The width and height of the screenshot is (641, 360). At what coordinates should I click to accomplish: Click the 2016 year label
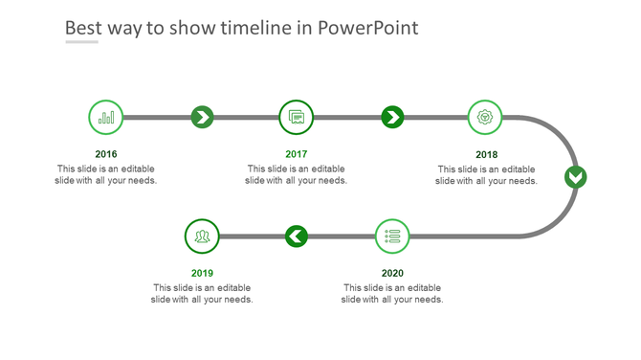106,154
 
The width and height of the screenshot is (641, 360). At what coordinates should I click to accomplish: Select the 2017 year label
297,154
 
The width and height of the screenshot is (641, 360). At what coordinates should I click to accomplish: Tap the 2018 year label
487,154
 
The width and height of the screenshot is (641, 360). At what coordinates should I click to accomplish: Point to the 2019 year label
202,273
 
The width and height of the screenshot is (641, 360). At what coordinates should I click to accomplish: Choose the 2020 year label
392,273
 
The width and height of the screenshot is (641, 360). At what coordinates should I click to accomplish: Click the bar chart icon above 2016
106,118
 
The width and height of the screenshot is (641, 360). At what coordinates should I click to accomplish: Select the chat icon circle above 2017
297,118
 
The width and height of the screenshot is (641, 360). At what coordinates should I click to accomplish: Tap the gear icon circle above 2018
486,118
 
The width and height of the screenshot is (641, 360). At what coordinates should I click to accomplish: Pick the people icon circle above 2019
202,236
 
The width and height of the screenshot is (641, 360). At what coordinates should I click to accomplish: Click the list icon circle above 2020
391,236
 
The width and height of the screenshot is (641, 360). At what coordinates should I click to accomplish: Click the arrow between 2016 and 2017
202,118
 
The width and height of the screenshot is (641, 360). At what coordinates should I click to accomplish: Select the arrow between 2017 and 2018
392,118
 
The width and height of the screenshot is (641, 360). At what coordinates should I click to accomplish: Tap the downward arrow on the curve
574,177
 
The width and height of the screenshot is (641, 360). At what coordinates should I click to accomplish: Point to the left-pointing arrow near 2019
297,236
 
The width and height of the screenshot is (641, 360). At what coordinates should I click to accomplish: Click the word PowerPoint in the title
370,28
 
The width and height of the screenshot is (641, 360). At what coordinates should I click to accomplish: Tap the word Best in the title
84,28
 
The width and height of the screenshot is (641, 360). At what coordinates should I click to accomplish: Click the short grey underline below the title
81,43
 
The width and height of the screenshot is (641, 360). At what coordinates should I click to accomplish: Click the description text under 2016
106,174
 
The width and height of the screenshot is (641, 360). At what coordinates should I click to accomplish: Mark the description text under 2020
392,293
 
